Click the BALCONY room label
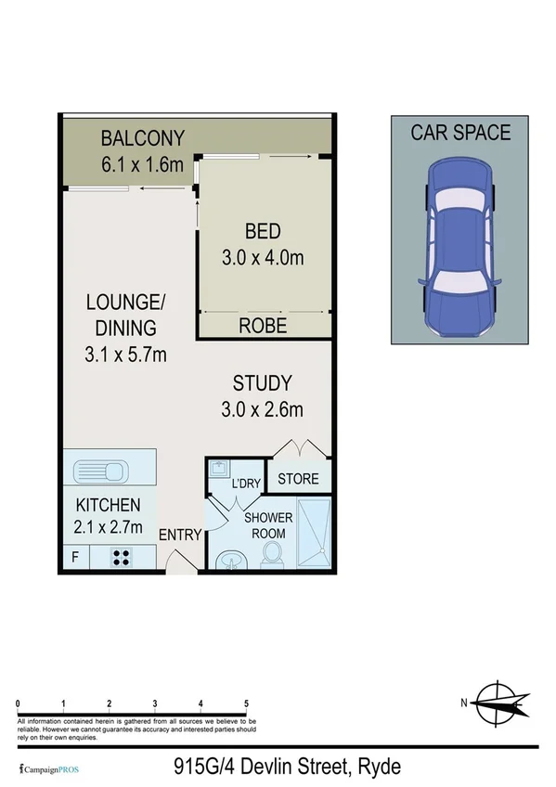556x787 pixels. pyautogui.click(x=142, y=139)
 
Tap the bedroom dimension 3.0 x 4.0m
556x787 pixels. pyautogui.click(x=262, y=259)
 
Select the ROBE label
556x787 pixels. pyautogui.click(x=262, y=326)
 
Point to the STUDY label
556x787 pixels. pyautogui.click(x=262, y=382)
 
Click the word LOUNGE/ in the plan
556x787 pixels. pyautogui.click(x=124, y=302)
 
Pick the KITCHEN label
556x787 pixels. pyautogui.click(x=108, y=506)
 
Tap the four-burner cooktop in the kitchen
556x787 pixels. pyautogui.click(x=121, y=557)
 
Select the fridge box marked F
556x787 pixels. pyautogui.click(x=75, y=558)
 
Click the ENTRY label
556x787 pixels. pyautogui.click(x=180, y=535)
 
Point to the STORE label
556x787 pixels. pyautogui.click(x=298, y=479)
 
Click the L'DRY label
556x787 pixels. pyautogui.click(x=246, y=484)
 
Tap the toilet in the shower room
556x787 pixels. pyautogui.click(x=273, y=554)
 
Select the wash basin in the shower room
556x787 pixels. pyautogui.click(x=228, y=560)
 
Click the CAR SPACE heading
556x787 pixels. pyautogui.click(x=460, y=133)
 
